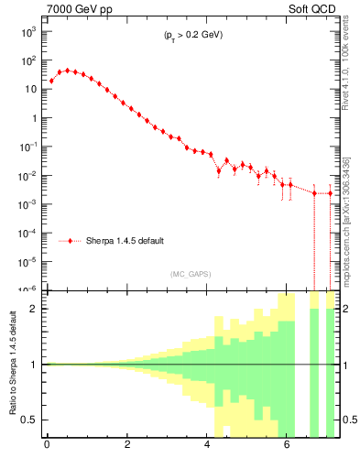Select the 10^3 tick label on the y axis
pos(28,31)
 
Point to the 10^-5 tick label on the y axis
pos(28,261)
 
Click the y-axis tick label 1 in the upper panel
pos(33,117)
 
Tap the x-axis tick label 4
pos(207,448)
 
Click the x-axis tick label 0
pos(47,448)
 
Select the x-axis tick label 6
pos(288,448)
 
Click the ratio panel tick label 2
pos(34,309)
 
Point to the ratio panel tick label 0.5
pos(29,420)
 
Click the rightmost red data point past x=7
pos(331,193)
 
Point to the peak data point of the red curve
pos(67,70)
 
